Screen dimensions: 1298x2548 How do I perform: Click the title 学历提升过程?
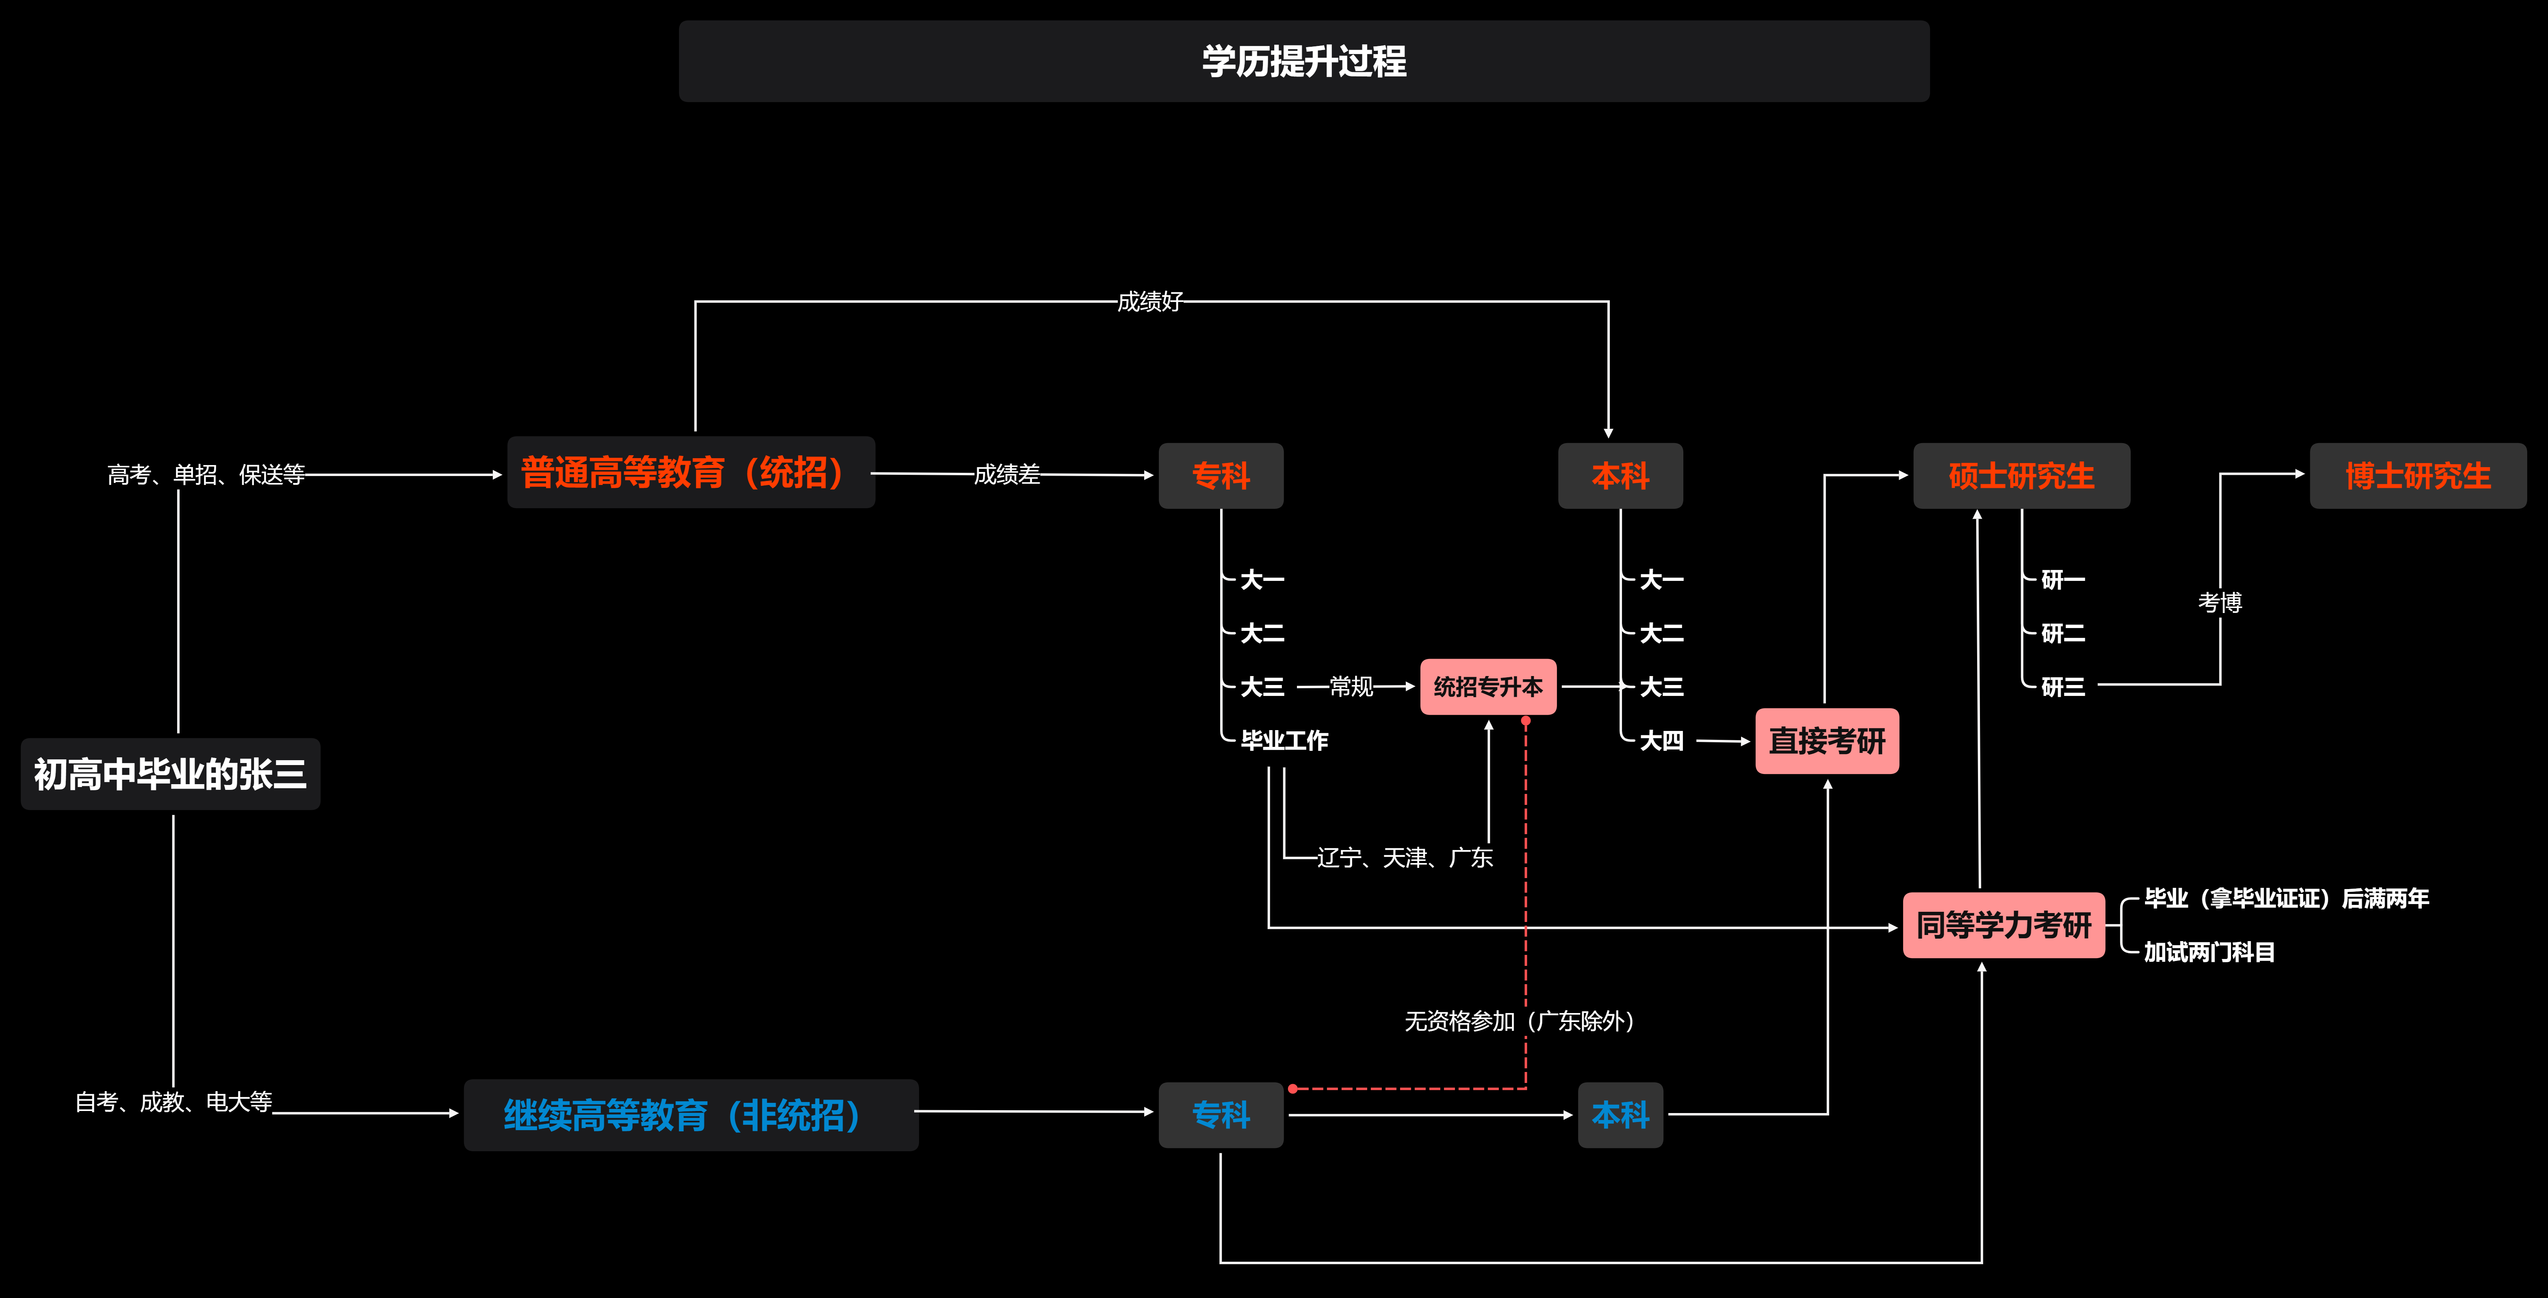coord(1304,61)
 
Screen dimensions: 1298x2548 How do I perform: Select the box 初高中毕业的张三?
coord(170,774)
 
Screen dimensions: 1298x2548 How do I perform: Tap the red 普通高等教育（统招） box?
coord(690,473)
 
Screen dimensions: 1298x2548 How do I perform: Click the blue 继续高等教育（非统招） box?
coord(690,1115)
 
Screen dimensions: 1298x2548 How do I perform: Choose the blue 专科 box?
coord(1221,1115)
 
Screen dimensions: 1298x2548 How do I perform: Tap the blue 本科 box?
coord(1620,1115)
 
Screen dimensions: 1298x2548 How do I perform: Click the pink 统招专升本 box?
coord(1488,687)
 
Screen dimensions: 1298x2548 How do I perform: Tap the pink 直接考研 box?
coord(1827,741)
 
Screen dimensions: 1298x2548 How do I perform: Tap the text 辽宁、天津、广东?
coord(1405,858)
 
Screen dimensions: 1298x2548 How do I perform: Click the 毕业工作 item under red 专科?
coord(1284,740)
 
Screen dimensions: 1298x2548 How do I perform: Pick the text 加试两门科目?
coord(2209,952)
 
